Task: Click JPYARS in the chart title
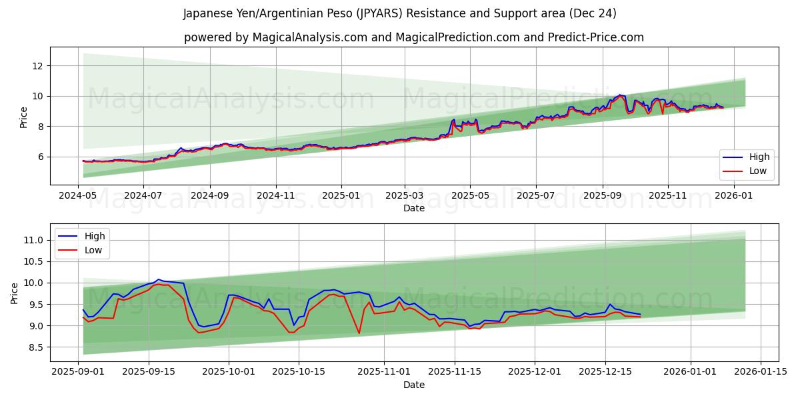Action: coord(375,13)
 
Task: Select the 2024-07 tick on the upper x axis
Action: coord(144,196)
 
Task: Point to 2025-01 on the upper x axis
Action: coord(341,196)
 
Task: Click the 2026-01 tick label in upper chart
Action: coord(734,196)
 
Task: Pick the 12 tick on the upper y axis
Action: coord(37,65)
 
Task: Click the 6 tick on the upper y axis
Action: coord(40,157)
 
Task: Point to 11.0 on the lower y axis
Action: coord(33,240)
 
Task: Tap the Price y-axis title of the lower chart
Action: coord(15,293)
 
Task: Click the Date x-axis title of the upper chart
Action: coord(414,208)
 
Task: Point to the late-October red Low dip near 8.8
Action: coord(359,333)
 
